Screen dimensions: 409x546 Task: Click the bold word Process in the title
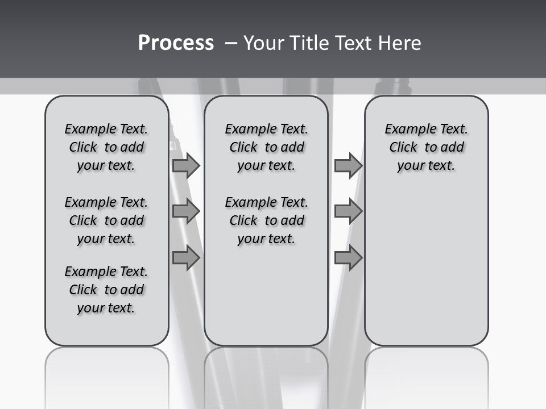coord(176,43)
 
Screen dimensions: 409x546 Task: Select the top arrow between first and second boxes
coord(186,166)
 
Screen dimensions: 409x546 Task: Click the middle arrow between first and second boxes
coord(186,211)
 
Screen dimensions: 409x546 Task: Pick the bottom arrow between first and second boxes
coord(186,258)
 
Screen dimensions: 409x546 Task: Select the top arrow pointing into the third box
coord(348,166)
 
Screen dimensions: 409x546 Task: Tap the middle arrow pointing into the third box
coord(348,211)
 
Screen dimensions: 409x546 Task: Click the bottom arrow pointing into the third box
coord(348,258)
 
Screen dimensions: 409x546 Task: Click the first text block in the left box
coord(106,147)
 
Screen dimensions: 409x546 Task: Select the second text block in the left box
coord(106,220)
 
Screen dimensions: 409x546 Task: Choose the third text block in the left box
coord(106,290)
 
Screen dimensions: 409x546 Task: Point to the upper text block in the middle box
coord(266,147)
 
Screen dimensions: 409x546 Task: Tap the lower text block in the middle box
coord(266,220)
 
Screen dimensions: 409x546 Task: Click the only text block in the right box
coord(426,147)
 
